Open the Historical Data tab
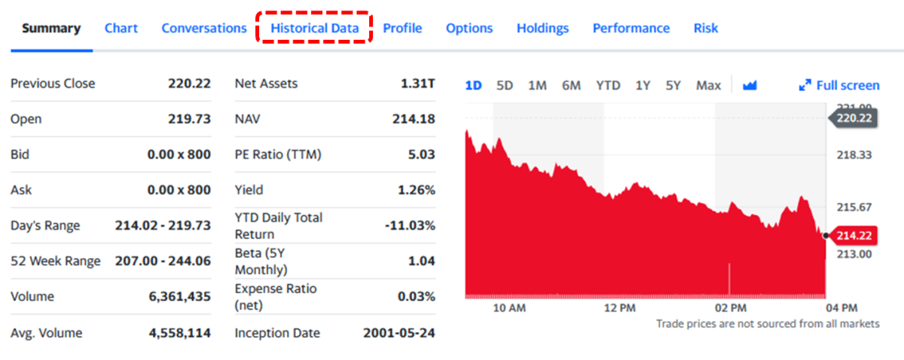315,29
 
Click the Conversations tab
204,29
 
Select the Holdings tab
542,29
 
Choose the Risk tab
706,29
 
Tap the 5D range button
505,86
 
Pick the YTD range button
608,86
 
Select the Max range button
708,86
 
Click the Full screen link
839,86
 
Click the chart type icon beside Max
749,86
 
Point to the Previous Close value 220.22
189,84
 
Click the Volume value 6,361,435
180,297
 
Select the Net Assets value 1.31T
418,84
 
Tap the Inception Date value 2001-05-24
399,333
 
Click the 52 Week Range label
55,261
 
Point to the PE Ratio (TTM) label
278,155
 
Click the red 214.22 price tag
854,236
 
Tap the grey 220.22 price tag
854,118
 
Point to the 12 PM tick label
620,308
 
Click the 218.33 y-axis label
854,155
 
